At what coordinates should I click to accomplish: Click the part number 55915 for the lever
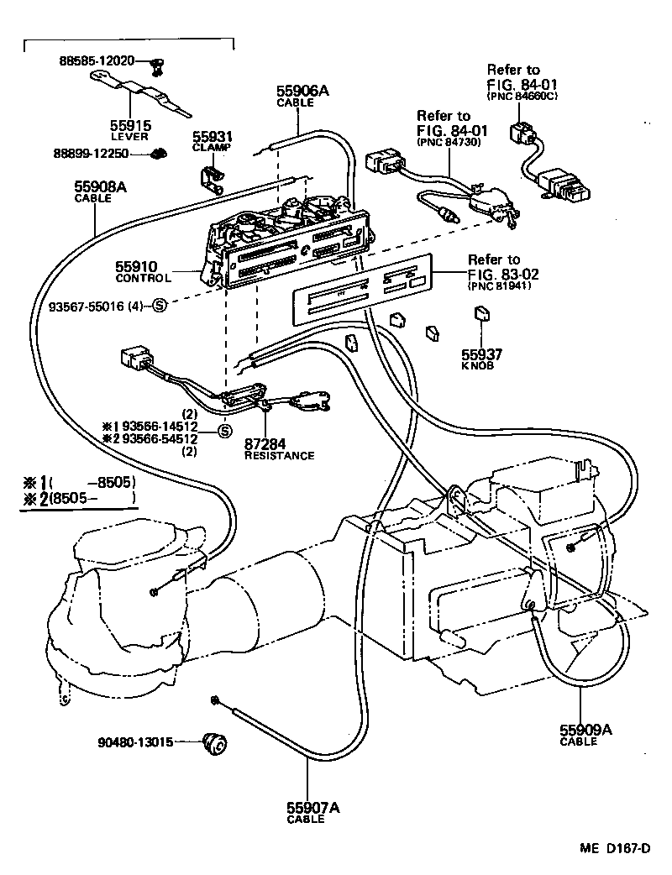click(130, 124)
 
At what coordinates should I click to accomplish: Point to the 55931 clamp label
click(212, 136)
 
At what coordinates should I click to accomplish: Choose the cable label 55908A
click(100, 189)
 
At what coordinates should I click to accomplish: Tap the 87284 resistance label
click(266, 445)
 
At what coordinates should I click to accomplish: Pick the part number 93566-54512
click(157, 438)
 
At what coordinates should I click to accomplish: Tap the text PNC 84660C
click(522, 97)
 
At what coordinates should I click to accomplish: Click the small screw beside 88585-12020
click(155, 62)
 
